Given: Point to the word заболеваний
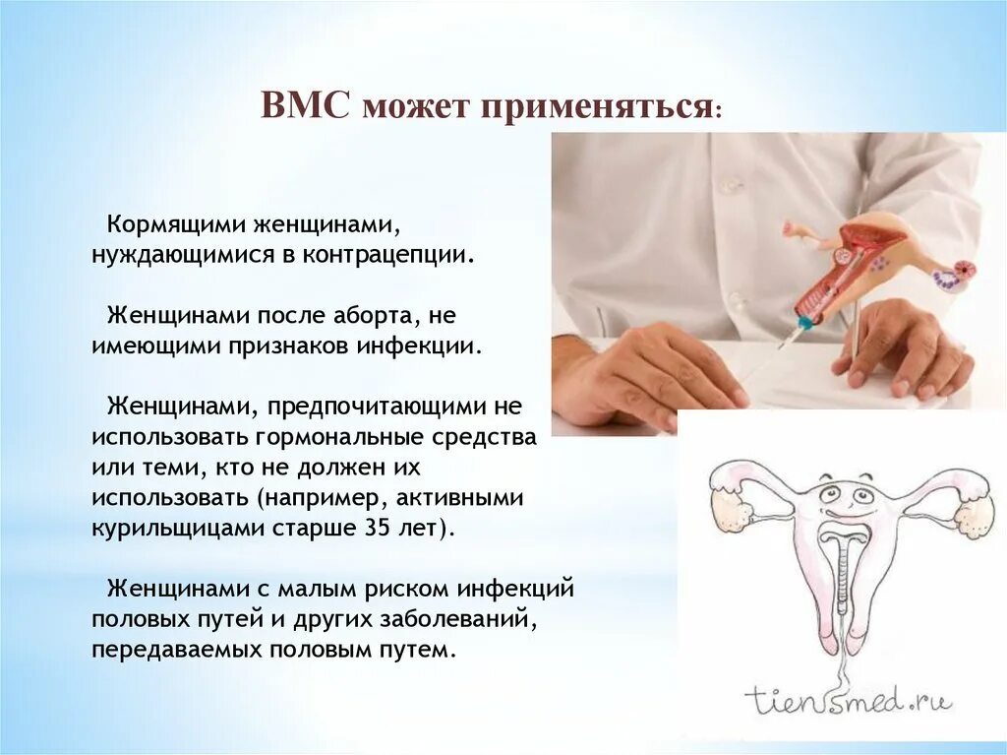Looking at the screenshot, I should point(462,619).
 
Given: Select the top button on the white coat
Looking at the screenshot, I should point(727,184).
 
